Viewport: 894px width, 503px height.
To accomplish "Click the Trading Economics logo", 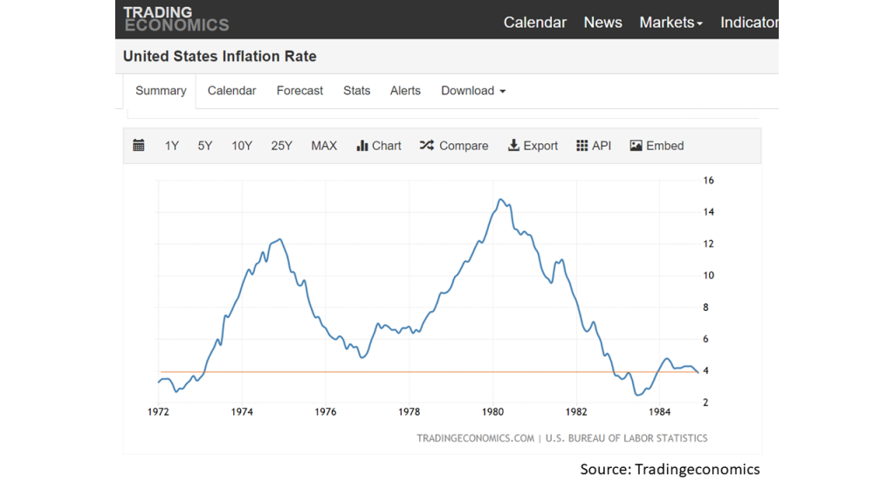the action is coord(176,19).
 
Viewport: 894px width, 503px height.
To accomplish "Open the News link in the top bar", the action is coord(602,22).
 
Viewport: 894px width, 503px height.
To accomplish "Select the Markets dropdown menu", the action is coord(670,22).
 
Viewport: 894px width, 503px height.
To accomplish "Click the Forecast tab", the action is coord(299,91).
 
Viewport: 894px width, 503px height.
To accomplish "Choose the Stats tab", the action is coord(356,91).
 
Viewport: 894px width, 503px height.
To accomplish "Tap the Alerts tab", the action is coord(405,91).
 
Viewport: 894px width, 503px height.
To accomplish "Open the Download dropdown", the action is coord(473,91).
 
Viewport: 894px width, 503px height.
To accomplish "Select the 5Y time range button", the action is coord(204,146).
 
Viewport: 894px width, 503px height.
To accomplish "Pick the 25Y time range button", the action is coord(282,146).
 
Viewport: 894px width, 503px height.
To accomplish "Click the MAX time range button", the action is coord(324,146).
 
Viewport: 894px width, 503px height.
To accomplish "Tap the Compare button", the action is coord(454,146).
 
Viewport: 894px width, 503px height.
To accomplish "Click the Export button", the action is coord(533,146).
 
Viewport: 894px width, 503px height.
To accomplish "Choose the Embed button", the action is coord(657,146).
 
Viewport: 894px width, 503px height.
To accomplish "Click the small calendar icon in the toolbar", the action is coord(139,146).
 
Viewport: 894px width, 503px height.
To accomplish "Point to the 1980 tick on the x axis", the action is coord(492,412).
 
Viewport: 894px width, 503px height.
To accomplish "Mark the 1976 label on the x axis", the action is coord(326,412).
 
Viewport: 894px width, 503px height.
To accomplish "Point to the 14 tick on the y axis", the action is coord(708,212).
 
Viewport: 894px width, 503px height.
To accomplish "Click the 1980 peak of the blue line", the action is coord(500,199).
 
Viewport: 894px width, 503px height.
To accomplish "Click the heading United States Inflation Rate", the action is coord(219,57).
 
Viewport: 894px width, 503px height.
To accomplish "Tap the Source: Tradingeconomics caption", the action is coord(670,469).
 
